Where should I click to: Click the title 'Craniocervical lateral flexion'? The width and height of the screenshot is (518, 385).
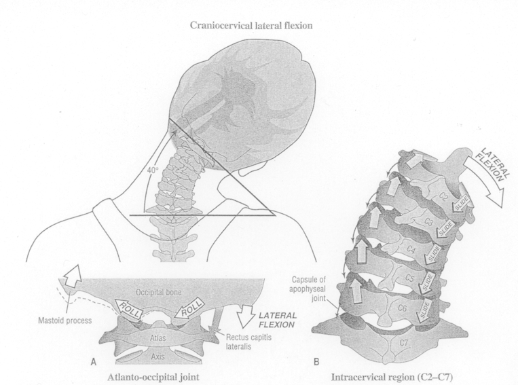click(259, 26)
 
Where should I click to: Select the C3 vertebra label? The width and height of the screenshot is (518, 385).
click(428, 219)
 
